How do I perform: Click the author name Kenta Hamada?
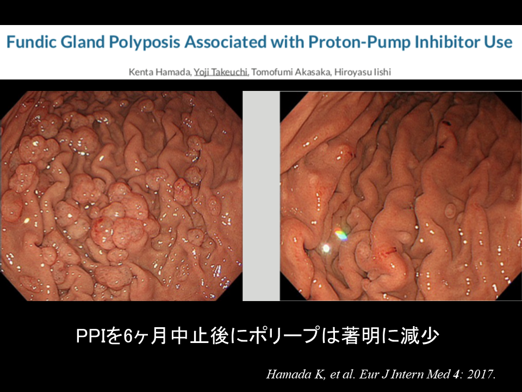(x=160, y=72)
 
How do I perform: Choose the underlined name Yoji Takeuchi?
(x=221, y=72)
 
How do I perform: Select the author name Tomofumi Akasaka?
(x=291, y=72)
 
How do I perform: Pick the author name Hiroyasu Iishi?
(x=363, y=72)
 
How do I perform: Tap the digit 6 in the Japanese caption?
(x=128, y=336)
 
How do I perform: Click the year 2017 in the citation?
(x=481, y=374)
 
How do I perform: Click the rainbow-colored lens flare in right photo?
(x=340, y=234)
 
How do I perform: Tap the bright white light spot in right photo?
(x=326, y=248)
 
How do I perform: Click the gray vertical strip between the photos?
(x=261, y=196)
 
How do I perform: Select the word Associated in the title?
(x=225, y=42)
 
